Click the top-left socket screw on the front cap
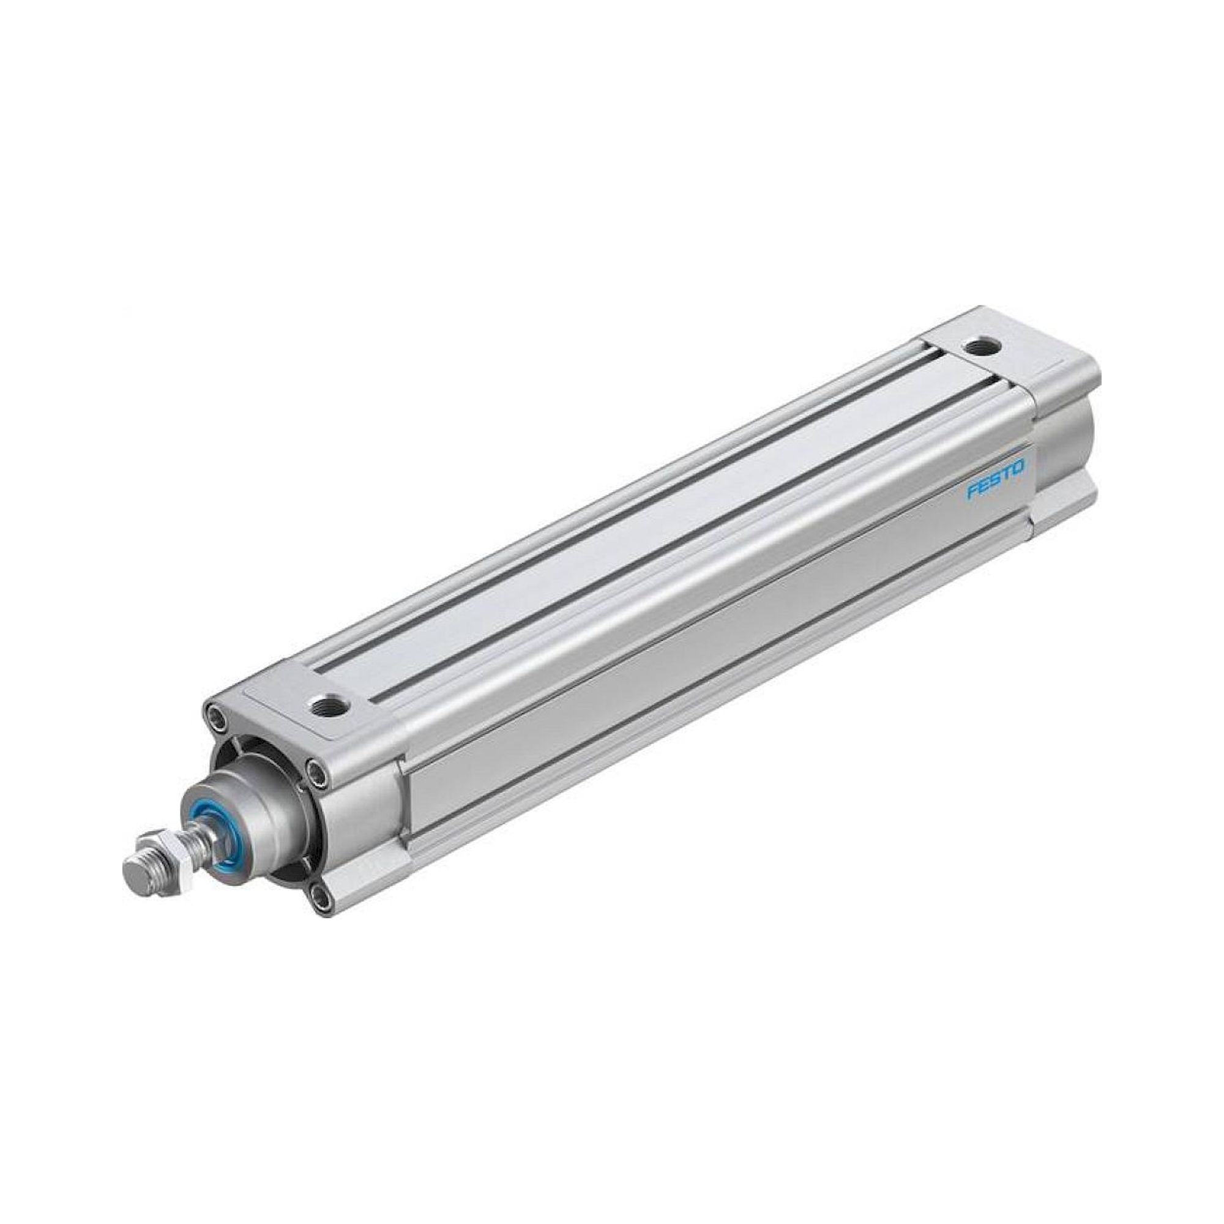pyautogui.click(x=217, y=718)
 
